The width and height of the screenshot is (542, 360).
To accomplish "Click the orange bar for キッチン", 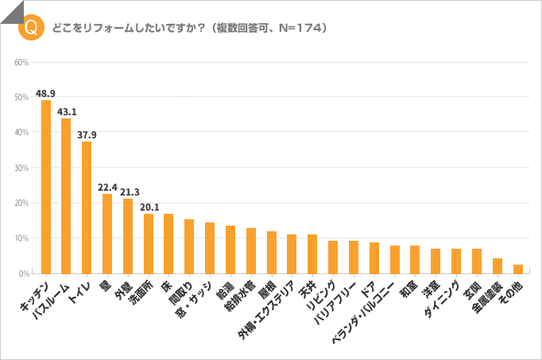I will click(46, 187).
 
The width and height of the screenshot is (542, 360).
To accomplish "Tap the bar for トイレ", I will click(87, 207).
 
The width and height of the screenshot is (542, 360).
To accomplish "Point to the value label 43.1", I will click(67, 112).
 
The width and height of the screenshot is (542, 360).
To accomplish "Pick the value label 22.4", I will click(107, 188).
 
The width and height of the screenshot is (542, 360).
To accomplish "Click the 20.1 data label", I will click(149, 207).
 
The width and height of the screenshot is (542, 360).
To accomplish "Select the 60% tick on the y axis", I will click(22, 62).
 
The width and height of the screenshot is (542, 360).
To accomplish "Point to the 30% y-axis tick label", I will click(22, 168).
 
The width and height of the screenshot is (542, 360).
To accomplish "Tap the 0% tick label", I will click(24, 273).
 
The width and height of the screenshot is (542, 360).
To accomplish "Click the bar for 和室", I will click(415, 260).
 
